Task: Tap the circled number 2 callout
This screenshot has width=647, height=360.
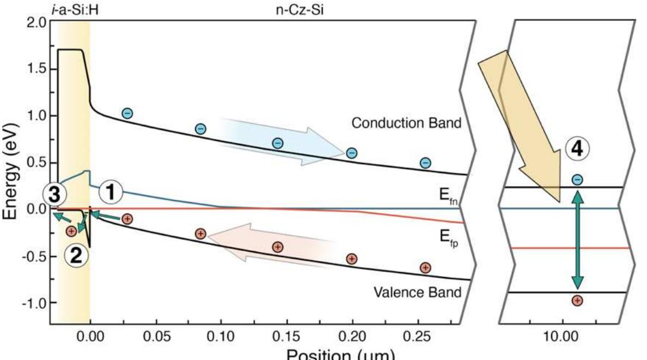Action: [76, 254]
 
